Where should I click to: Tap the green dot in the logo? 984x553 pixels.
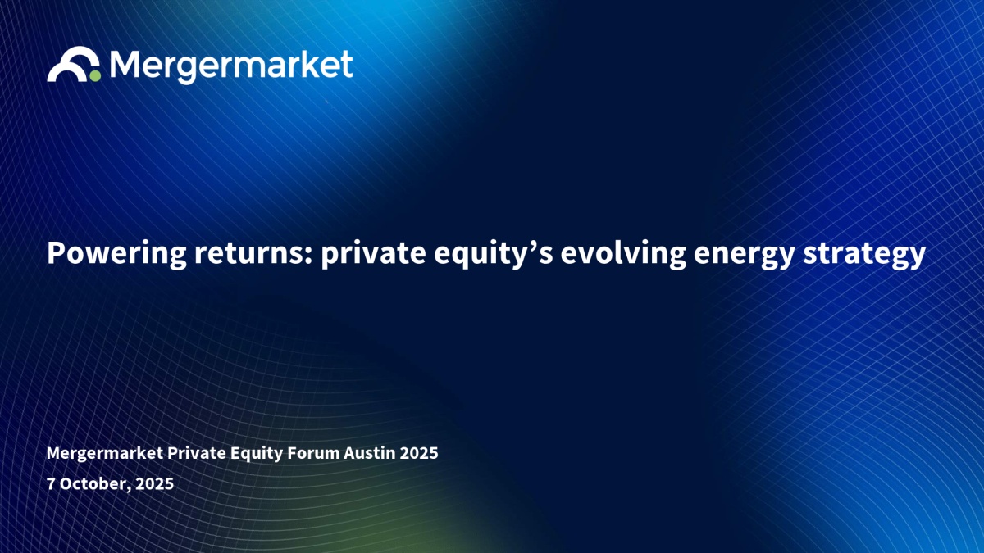pyautogui.click(x=95, y=76)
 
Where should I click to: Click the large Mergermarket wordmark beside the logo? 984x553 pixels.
pyautogui.click(x=231, y=66)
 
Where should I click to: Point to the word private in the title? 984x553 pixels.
pyautogui.click(x=373, y=254)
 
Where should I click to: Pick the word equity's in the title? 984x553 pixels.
pyautogui.click(x=493, y=254)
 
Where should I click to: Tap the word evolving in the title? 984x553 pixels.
pyautogui.click(x=623, y=254)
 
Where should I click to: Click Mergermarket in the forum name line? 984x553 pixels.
pyautogui.click(x=105, y=453)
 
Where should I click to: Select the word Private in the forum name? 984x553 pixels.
pyautogui.click(x=196, y=452)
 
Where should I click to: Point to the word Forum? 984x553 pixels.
pyautogui.click(x=313, y=453)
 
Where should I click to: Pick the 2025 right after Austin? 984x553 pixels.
pyautogui.click(x=419, y=453)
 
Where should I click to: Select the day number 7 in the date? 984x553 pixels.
pyautogui.click(x=51, y=483)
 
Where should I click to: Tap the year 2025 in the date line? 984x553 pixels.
pyautogui.click(x=155, y=483)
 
